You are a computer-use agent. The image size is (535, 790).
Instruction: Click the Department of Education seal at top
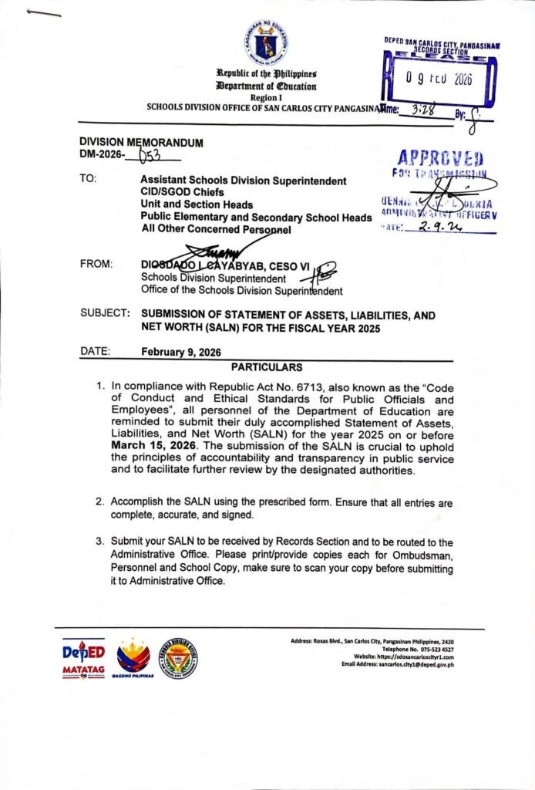(267, 42)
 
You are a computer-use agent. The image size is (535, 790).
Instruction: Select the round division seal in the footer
(178, 657)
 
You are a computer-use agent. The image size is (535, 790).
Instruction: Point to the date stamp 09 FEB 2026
(439, 79)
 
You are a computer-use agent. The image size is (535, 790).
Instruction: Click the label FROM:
(96, 265)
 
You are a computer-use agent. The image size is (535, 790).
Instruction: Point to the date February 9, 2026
(181, 352)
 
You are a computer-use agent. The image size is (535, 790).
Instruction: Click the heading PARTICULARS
(267, 366)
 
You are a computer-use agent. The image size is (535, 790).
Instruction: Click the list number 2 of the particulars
(99, 501)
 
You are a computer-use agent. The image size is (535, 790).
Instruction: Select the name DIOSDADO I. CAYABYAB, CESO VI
(225, 266)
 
